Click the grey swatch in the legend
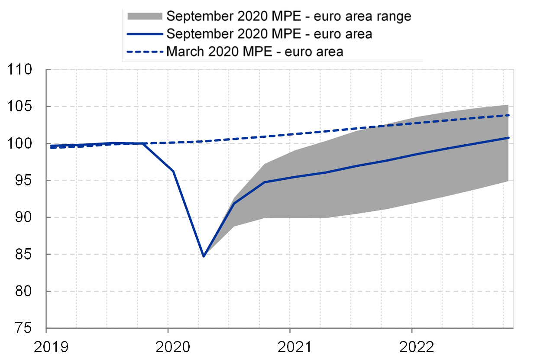(145, 16)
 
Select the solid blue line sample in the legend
(145, 34)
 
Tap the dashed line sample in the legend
(145, 52)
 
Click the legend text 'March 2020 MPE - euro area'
(255, 52)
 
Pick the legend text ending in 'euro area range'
(288, 16)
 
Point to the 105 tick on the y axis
(20, 106)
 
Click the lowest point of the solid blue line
(204, 256)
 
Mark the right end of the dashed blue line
(508, 115)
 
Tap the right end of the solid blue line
(508, 138)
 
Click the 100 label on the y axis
(20, 143)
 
